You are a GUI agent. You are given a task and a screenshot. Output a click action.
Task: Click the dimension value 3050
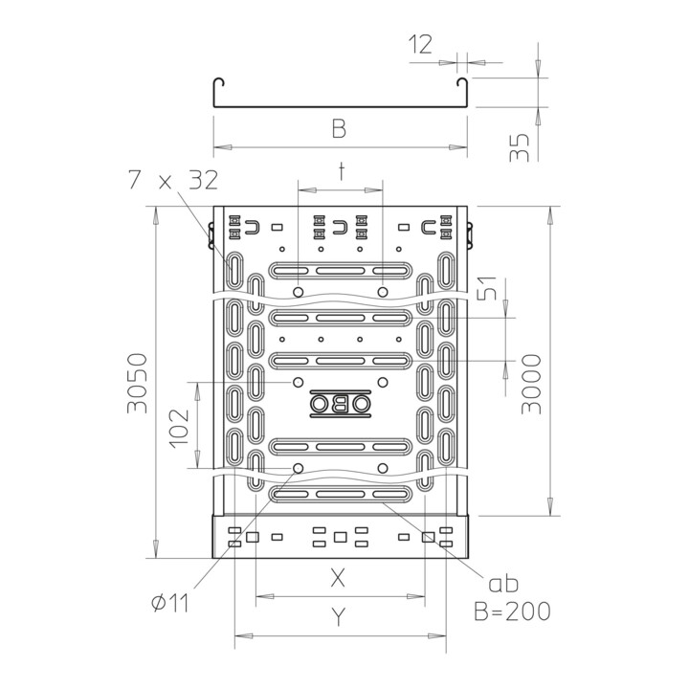(x=137, y=383)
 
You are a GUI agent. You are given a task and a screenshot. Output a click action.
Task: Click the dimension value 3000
(x=531, y=384)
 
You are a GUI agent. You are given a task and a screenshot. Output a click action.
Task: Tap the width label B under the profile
(x=339, y=128)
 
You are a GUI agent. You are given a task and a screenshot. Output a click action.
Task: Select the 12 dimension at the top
(x=420, y=44)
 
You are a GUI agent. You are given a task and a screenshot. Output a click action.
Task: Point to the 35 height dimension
(x=520, y=147)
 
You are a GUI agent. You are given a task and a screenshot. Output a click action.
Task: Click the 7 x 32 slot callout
(x=173, y=180)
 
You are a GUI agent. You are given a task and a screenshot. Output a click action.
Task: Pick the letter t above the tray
(x=341, y=171)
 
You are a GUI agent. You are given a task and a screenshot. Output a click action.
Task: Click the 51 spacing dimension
(x=487, y=288)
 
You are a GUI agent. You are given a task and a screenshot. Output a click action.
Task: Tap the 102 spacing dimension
(x=180, y=429)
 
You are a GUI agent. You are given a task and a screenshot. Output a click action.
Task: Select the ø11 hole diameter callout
(x=170, y=603)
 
